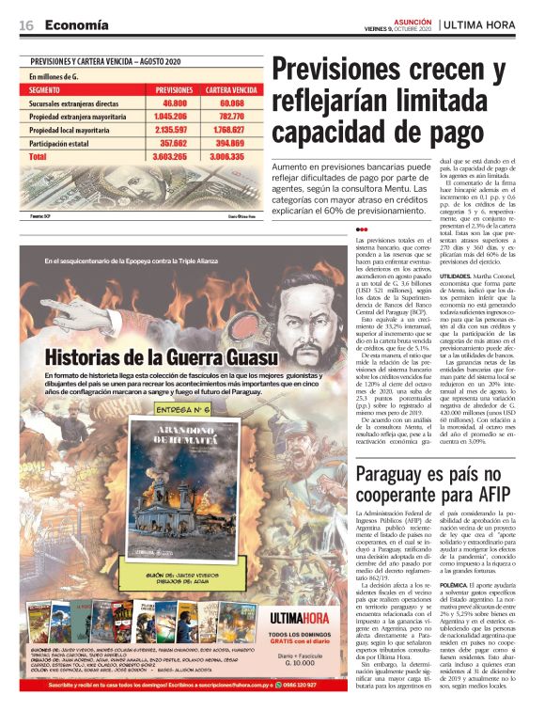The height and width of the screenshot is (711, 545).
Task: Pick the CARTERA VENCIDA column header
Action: [231, 89]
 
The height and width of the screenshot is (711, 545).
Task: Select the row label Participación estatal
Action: [68, 144]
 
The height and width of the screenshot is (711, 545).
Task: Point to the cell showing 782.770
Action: [231, 117]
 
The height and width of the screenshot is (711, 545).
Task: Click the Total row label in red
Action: [38, 157]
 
